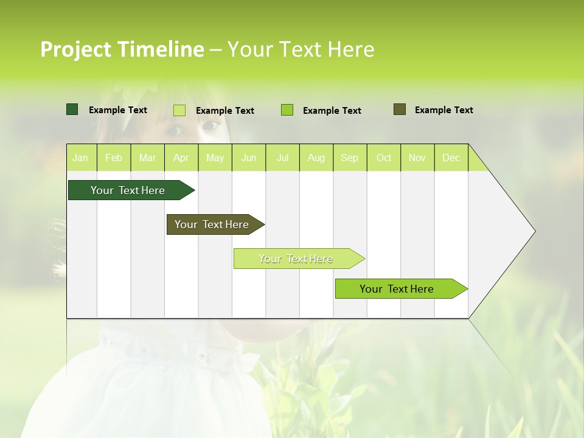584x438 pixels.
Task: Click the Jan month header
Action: pyautogui.click(x=80, y=158)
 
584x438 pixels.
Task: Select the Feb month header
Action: pyautogui.click(x=114, y=158)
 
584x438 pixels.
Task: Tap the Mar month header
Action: pyautogui.click(x=147, y=158)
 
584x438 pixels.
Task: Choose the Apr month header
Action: pyautogui.click(x=181, y=158)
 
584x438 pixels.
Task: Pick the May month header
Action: pyautogui.click(x=215, y=158)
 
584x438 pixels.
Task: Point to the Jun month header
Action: pyautogui.click(x=249, y=158)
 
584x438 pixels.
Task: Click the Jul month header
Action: pyautogui.click(x=282, y=158)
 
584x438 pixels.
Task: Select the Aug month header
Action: pyautogui.click(x=316, y=158)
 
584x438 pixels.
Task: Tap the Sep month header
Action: pyautogui.click(x=350, y=158)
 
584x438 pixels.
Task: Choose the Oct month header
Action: pyautogui.click(x=384, y=158)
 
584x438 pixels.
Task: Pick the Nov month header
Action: pyautogui.click(x=417, y=158)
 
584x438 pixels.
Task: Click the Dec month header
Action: pyautogui.click(x=451, y=158)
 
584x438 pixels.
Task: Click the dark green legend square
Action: pyautogui.click(x=72, y=109)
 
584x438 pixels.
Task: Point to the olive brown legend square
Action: pyautogui.click(x=400, y=109)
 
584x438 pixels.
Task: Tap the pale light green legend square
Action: pyautogui.click(x=179, y=110)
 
